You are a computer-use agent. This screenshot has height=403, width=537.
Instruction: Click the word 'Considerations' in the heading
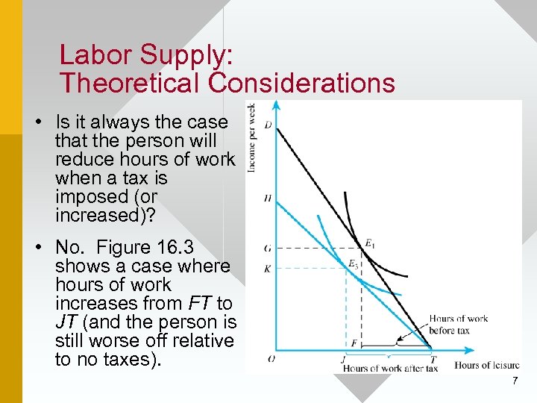coord(302,83)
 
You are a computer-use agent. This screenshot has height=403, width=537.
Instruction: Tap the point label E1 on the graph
coord(368,242)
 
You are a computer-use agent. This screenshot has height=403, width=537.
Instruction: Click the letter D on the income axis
coord(268,124)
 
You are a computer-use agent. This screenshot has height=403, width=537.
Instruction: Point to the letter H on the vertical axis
coord(268,199)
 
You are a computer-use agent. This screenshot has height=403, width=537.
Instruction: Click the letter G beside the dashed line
coord(268,248)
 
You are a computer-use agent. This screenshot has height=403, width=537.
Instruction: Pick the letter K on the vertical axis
coord(268,267)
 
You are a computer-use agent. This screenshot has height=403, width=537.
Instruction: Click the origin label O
coord(271,359)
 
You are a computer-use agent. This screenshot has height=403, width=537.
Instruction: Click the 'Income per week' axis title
coord(251,137)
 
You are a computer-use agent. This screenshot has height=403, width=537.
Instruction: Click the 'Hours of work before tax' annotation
coord(458,324)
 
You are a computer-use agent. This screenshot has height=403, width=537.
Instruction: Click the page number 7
coord(515,381)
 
